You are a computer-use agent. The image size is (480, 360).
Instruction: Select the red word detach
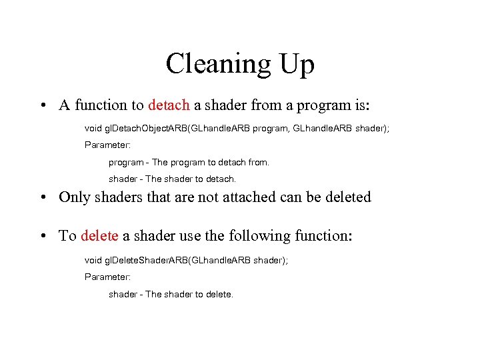tap(169, 105)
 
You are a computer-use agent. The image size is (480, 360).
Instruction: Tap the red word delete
tap(99, 236)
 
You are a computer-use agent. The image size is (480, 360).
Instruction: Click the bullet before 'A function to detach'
tap(42, 105)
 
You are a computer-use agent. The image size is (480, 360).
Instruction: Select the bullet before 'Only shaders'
tap(42, 197)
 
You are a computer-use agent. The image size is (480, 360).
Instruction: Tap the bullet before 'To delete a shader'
tap(42, 236)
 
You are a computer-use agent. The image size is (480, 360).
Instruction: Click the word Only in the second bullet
tap(74, 197)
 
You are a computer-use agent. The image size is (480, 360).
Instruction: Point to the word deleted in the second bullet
tap(346, 197)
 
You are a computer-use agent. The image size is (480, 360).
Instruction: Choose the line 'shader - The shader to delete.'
tap(171, 294)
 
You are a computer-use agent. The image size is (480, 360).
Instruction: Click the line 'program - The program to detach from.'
tap(189, 162)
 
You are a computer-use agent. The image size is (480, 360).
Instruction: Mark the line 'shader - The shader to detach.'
tap(172, 179)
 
